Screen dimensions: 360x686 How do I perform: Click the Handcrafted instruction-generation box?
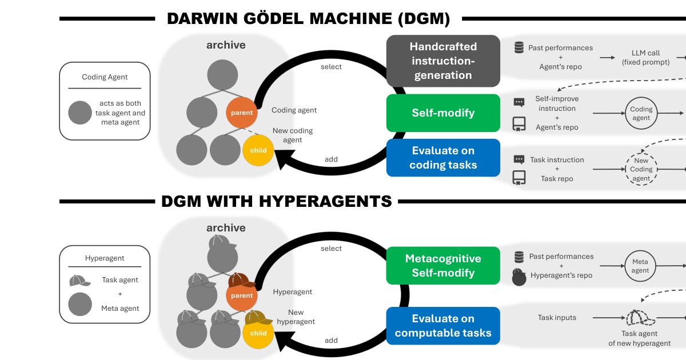pos(443,61)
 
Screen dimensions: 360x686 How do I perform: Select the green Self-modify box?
pos(443,113)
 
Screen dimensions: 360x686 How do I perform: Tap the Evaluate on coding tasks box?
pos(443,158)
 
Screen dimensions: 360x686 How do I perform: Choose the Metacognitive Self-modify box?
pos(443,266)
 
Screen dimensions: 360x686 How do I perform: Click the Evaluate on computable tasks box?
pos(443,326)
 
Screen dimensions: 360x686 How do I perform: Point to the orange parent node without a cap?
pos(242,113)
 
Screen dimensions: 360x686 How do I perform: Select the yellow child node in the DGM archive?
pos(258,150)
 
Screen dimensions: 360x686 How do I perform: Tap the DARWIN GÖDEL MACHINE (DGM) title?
pos(308,19)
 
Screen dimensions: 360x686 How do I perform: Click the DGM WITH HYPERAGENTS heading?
pos(276,201)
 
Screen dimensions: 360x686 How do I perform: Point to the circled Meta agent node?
pos(640,266)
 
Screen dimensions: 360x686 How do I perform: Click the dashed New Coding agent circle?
pos(641,170)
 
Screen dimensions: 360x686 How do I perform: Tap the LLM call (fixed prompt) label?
pos(646,57)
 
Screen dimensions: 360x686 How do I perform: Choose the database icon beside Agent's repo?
pos(519,48)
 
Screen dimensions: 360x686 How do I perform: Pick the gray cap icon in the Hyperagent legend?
pos(79,281)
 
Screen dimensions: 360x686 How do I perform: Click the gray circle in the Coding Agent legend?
pos(80,113)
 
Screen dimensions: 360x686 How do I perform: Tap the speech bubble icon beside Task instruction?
pos(519,160)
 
